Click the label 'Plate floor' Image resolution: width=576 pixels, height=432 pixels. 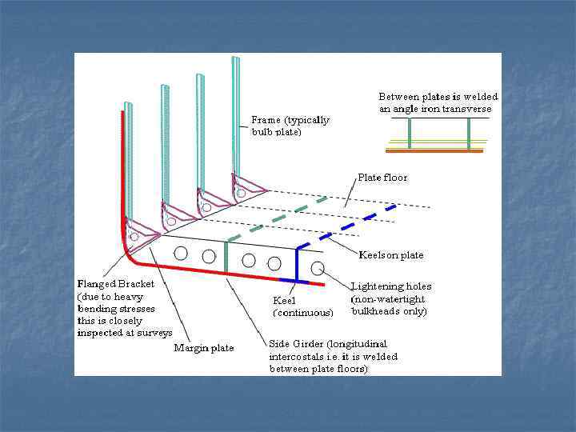(x=382, y=177)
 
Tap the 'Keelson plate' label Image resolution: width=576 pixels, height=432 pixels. (x=391, y=255)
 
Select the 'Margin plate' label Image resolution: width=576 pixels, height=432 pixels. (x=204, y=348)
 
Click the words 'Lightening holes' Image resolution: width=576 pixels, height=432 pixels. (x=391, y=286)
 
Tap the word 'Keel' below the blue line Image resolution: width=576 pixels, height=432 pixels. (x=285, y=301)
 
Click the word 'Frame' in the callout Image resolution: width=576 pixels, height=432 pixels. (x=266, y=120)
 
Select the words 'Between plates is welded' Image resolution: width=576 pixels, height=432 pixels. (x=438, y=97)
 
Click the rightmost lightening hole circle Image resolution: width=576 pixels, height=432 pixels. (x=318, y=267)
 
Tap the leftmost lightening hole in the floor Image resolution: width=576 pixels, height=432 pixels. (x=181, y=254)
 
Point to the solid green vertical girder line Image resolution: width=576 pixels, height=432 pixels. (x=226, y=256)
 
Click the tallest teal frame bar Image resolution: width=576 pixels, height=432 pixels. (x=235, y=112)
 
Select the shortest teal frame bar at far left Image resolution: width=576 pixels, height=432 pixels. (x=128, y=160)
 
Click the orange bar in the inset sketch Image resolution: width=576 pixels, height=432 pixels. (x=434, y=150)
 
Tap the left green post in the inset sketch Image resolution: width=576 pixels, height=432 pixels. (x=409, y=133)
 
